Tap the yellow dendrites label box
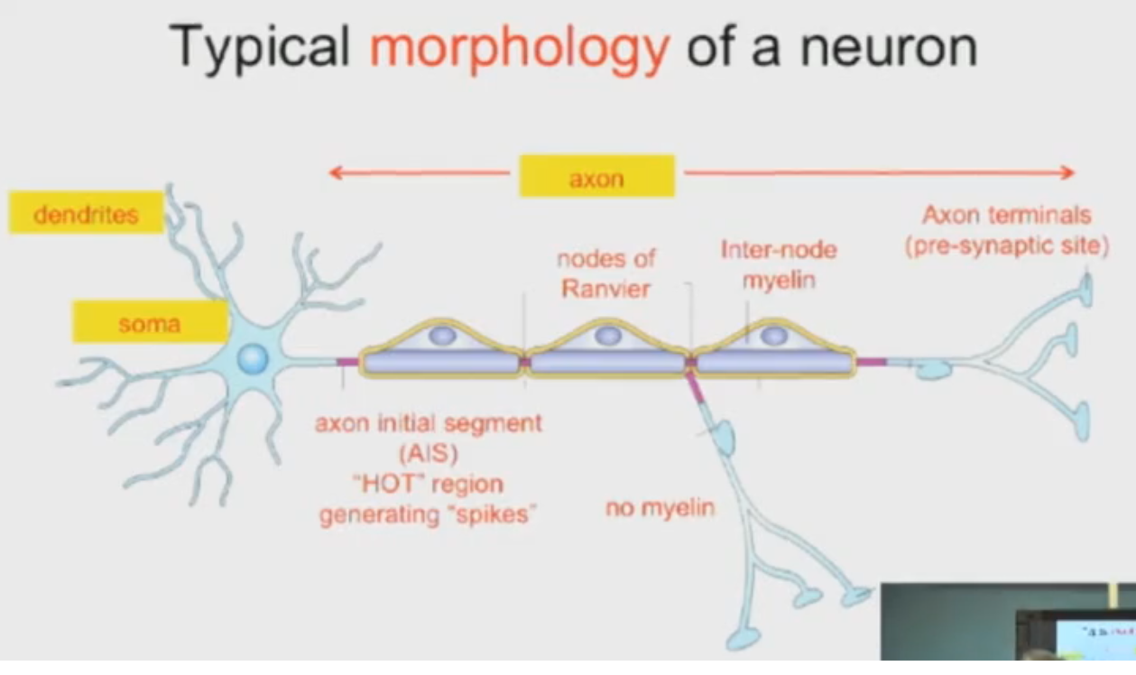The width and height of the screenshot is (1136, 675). (x=86, y=215)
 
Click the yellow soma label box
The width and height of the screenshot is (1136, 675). (x=149, y=322)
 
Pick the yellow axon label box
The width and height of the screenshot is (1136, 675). (x=596, y=177)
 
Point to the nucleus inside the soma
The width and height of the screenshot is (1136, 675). (x=253, y=360)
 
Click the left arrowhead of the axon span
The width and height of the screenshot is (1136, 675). (x=334, y=171)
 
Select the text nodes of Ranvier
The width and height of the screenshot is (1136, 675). (x=605, y=274)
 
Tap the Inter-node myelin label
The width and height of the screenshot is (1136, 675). (x=779, y=264)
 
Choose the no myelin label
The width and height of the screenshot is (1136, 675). (x=660, y=509)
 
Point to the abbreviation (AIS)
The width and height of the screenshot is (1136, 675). (x=428, y=452)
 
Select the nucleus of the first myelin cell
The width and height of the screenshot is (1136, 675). (x=442, y=335)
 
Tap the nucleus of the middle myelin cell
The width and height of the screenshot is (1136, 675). (x=607, y=335)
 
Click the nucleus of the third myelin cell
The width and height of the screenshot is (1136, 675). (x=773, y=335)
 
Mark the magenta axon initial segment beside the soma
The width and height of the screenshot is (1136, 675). (x=346, y=362)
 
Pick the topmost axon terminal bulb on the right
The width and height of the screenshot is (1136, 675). (x=1085, y=288)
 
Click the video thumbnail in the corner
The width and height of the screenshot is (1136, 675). (x=1008, y=622)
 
